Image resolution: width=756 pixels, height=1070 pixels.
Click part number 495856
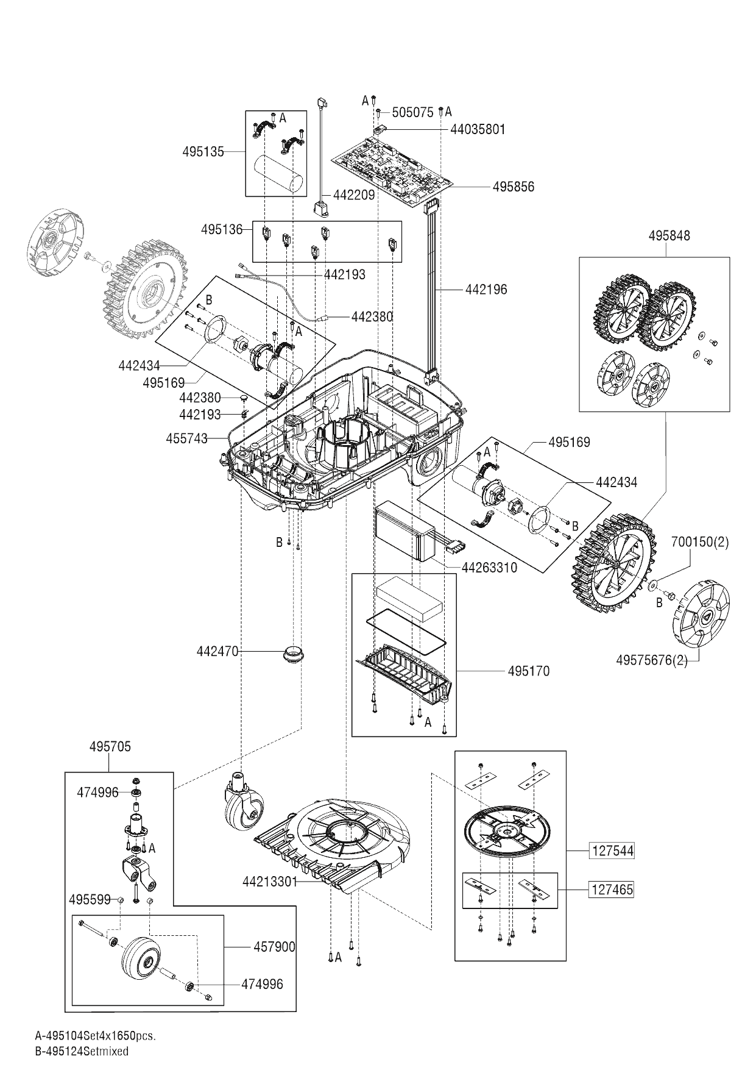(513, 187)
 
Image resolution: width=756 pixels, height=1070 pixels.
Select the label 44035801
(478, 129)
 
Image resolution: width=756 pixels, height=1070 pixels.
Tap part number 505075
(412, 112)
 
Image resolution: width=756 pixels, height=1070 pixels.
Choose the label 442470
(217, 652)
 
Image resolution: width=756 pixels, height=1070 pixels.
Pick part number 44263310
(489, 568)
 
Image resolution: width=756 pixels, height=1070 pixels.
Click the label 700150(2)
(700, 541)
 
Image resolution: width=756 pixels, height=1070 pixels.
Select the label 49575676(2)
(652, 660)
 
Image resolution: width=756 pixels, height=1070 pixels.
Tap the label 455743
(186, 438)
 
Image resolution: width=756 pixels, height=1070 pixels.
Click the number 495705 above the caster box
(110, 746)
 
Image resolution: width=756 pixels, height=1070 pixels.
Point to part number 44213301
(270, 882)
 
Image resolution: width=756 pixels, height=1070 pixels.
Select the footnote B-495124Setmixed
(82, 1051)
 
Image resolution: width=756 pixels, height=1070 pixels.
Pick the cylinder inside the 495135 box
(279, 174)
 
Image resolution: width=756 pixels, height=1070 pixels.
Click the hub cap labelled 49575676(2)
(700, 617)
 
